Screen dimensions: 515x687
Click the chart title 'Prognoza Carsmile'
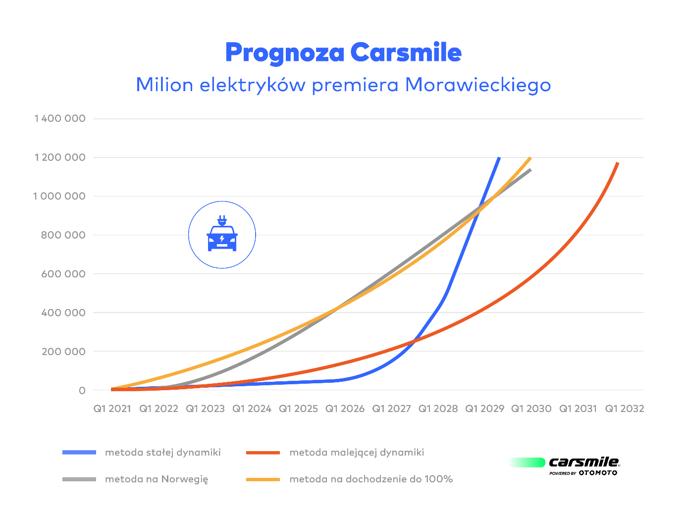tap(343, 52)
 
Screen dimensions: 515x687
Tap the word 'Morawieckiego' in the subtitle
tap(477, 85)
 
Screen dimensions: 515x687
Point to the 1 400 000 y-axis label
tap(60, 118)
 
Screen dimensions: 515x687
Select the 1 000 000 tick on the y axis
tap(59, 196)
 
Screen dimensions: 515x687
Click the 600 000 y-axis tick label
tap(63, 274)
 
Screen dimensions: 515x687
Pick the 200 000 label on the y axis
tap(63, 352)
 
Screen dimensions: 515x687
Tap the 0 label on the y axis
tap(82, 391)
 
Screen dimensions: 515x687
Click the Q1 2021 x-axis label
tap(112, 409)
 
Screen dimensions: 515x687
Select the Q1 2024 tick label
tap(252, 409)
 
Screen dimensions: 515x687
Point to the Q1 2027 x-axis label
tap(392, 409)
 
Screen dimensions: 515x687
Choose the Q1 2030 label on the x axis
tap(531, 409)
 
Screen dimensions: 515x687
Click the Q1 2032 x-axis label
tap(625, 409)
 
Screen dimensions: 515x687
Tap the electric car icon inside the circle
tap(222, 235)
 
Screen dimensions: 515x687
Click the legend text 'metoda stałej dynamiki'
tap(163, 452)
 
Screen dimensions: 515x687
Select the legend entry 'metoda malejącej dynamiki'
tap(357, 452)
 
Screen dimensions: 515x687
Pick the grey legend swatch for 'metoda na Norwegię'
tap(79, 479)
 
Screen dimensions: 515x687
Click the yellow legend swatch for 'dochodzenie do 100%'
tap(263, 479)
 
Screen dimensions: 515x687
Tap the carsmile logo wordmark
tap(583, 463)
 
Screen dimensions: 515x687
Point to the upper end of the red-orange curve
tap(618, 163)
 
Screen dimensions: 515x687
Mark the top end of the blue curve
tap(499, 157)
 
